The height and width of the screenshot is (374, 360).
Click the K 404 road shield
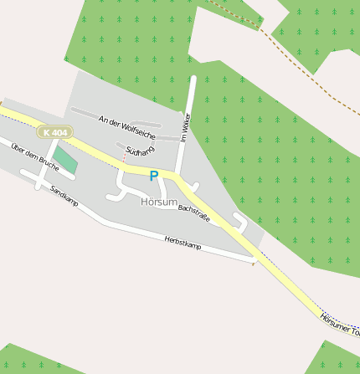(55, 132)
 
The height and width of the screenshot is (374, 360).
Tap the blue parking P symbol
(153, 176)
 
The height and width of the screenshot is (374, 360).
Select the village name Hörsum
(159, 202)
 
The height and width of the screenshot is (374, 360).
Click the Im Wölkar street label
(186, 128)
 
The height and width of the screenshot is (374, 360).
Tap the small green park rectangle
(65, 160)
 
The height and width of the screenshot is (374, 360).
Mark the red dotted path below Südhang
(125, 156)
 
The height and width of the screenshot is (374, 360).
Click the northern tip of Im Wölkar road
(193, 79)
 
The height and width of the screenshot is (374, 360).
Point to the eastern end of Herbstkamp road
(252, 262)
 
